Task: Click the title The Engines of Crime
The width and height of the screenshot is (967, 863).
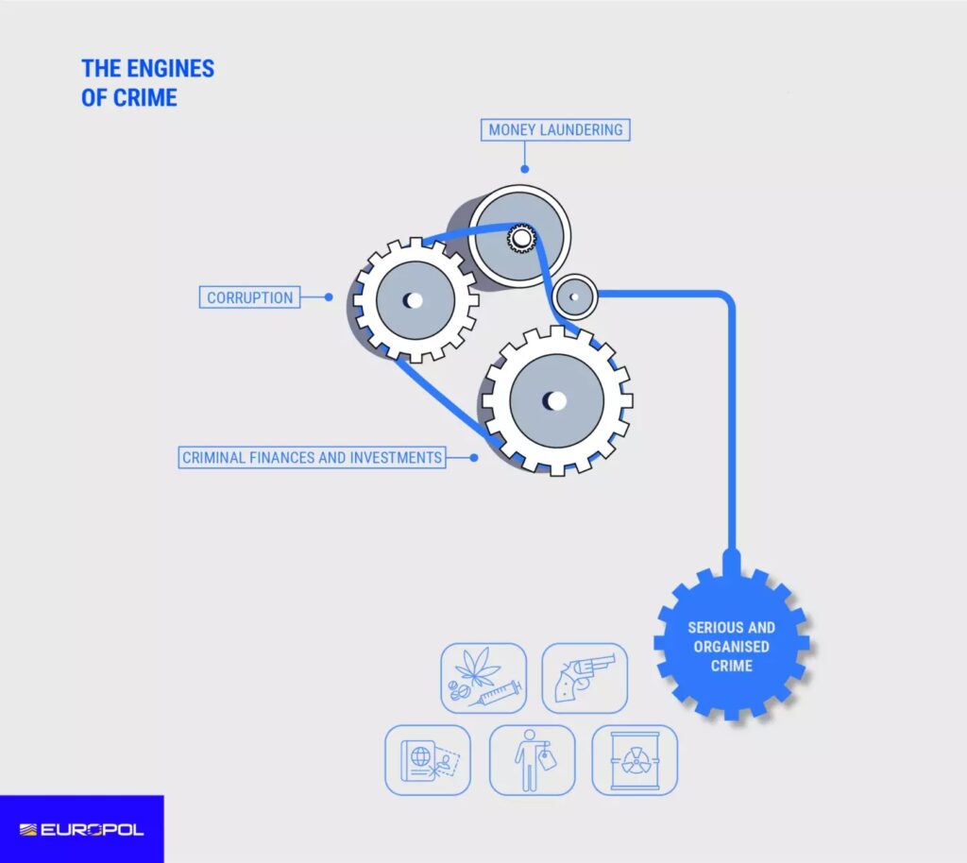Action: coord(147,82)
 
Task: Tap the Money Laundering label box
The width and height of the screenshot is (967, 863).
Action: coord(555,129)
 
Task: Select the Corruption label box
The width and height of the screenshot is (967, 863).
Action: coord(250,297)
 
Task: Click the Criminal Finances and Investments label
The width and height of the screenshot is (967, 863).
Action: coord(312,458)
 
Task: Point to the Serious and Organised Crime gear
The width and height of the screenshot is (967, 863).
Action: coord(732,646)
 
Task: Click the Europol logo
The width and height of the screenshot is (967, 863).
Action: coord(81,829)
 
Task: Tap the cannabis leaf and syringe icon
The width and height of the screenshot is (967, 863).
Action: coord(483,678)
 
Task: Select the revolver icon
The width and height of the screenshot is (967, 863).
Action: coord(585,678)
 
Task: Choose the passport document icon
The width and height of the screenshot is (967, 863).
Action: coord(427,759)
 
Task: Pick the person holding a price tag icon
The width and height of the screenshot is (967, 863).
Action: coord(532,759)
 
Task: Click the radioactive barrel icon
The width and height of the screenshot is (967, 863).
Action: coord(635,759)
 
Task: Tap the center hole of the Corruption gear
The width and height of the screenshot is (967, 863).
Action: coord(413,301)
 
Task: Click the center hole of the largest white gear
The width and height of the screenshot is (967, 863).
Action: coord(555,400)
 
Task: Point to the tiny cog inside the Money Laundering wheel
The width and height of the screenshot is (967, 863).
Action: coord(520,239)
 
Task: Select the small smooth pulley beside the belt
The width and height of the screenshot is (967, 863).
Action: coord(573,296)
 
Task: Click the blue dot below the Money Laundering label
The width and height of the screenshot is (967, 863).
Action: coord(525,170)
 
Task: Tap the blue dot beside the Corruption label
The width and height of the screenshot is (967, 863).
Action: coord(329,296)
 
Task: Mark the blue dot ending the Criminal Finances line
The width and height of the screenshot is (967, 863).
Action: coord(474,458)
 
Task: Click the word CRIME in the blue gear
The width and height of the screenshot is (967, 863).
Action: coord(732,666)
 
